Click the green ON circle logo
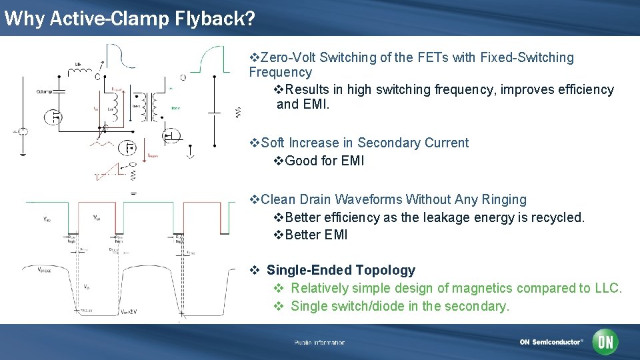point(606,342)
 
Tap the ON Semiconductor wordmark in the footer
point(551,342)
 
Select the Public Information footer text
point(319,343)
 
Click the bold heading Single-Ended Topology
point(340,270)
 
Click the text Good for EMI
point(324,161)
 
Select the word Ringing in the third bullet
point(504,199)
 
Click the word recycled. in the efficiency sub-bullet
point(559,217)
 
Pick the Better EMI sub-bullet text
point(316,235)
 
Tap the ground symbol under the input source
point(23,153)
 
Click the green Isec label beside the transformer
point(175,107)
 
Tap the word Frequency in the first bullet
point(280,72)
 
